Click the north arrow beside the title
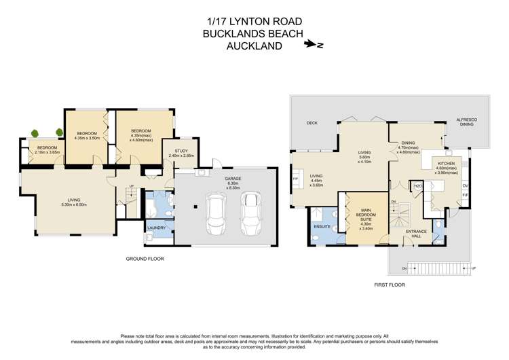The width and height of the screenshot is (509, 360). (314, 45)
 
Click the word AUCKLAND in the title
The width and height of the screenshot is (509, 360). (254, 45)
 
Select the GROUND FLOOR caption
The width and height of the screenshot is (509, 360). (145, 259)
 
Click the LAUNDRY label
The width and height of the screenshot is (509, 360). (157, 237)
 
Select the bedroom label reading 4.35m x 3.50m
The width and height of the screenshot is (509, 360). (88, 134)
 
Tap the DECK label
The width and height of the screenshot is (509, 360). (312, 123)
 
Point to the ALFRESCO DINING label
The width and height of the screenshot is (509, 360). (466, 122)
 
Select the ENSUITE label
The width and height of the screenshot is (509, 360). (322, 226)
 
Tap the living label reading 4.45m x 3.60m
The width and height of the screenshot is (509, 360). (316, 180)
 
